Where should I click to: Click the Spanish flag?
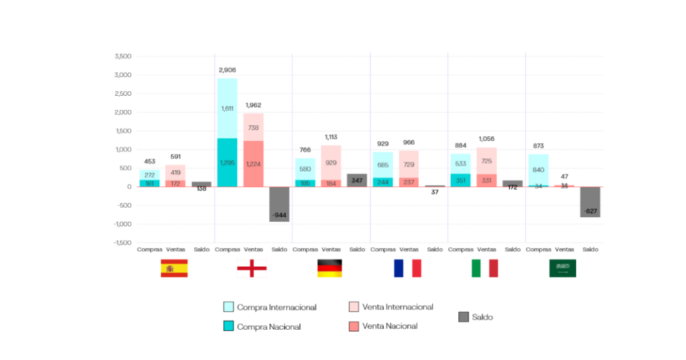coord(174,268)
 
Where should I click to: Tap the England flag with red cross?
coord(252,269)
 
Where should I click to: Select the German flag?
coord(330,268)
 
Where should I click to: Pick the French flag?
coord(407,268)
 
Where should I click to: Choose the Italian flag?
coord(485,268)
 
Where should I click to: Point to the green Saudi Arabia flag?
coord(563,268)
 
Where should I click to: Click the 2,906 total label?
coord(227,70)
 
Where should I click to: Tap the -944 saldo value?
coord(279,215)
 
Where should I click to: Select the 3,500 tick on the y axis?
coord(123,56)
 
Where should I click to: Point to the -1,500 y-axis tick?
coord(121,243)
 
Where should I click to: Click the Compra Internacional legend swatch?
coord(228,307)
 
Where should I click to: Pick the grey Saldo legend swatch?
coord(464,316)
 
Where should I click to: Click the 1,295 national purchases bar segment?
coord(227,162)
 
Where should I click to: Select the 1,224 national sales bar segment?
coord(253,164)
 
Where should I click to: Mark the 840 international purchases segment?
coord(538,170)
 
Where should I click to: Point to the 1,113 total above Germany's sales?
coord(331,137)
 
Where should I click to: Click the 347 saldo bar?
coord(357,180)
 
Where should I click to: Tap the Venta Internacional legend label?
coord(397,307)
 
